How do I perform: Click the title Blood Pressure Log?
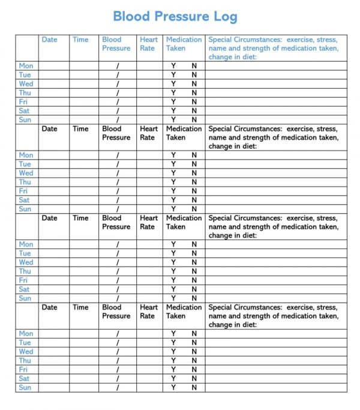pyautogui.click(x=175, y=16)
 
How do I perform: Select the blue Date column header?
pyautogui.click(x=50, y=40)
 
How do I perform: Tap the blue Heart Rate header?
pyautogui.click(x=148, y=44)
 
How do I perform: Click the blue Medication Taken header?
pyautogui.click(x=184, y=44)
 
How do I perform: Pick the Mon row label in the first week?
pyautogui.click(x=26, y=66)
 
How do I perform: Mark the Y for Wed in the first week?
pyautogui.click(x=173, y=84)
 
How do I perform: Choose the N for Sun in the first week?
pyautogui.click(x=194, y=120)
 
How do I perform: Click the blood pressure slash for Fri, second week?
pyautogui.click(x=118, y=191)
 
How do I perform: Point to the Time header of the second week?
pyautogui.click(x=80, y=128)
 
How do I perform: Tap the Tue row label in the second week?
pyautogui.click(x=25, y=164)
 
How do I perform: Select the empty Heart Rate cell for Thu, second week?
pyautogui.click(x=148, y=182)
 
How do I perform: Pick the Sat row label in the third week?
pyautogui.click(x=24, y=289)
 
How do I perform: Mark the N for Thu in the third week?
pyautogui.click(x=194, y=271)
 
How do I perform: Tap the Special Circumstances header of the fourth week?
pyautogui.click(x=273, y=316)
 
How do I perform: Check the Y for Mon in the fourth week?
pyautogui.click(x=173, y=334)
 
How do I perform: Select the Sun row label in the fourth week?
pyautogui.click(x=25, y=387)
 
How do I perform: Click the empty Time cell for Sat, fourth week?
pyautogui.click(x=80, y=378)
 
